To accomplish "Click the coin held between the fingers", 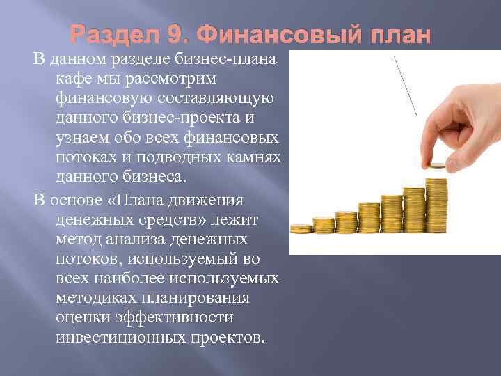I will point(436,166).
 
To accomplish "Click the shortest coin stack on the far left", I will point(301,227).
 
